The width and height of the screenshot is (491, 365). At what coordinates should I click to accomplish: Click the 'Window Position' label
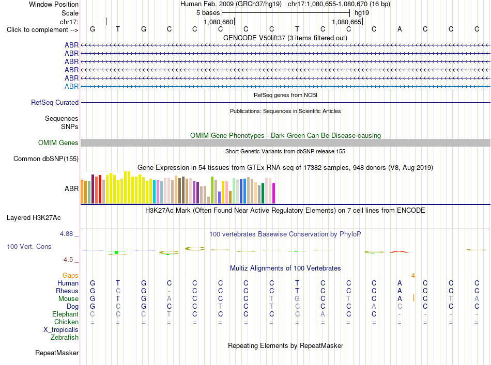(x=54, y=4)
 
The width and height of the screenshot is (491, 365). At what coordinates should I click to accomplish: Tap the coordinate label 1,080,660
(x=218, y=22)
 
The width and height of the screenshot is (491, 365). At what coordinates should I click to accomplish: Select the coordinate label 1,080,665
(x=347, y=22)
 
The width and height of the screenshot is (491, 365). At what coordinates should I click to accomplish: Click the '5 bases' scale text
(x=208, y=13)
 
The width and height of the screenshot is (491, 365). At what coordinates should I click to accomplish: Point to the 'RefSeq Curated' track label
(x=55, y=103)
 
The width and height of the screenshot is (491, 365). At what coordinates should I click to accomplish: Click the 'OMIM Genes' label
(x=58, y=143)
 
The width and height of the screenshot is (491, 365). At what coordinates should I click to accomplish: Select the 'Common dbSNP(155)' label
(x=45, y=159)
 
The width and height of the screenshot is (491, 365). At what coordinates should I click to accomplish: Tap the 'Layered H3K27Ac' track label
(x=34, y=218)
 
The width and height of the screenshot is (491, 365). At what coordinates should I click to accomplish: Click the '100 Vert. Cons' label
(x=29, y=246)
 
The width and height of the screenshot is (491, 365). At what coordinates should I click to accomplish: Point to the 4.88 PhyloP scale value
(x=66, y=234)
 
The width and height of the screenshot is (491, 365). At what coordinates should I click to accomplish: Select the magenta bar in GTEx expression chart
(x=274, y=193)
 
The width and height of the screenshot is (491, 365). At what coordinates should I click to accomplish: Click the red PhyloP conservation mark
(x=399, y=251)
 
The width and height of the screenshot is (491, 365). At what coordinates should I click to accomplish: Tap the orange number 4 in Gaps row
(x=413, y=276)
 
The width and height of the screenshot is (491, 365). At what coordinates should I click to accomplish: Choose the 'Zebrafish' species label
(x=65, y=338)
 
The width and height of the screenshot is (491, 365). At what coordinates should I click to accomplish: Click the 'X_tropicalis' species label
(x=61, y=330)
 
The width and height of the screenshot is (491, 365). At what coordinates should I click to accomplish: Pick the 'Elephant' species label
(x=65, y=314)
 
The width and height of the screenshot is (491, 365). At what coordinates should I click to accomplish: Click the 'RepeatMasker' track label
(x=57, y=353)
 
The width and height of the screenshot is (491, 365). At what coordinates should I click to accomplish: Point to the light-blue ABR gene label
(x=71, y=86)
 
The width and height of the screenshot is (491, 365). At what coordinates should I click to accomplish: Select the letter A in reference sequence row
(x=400, y=29)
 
